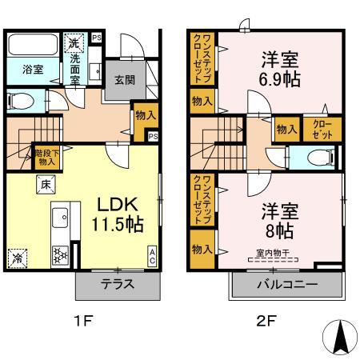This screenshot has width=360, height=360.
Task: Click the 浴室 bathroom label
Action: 22,70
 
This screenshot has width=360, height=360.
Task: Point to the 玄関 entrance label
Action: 123,80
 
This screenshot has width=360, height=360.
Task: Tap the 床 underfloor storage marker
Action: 46,186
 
